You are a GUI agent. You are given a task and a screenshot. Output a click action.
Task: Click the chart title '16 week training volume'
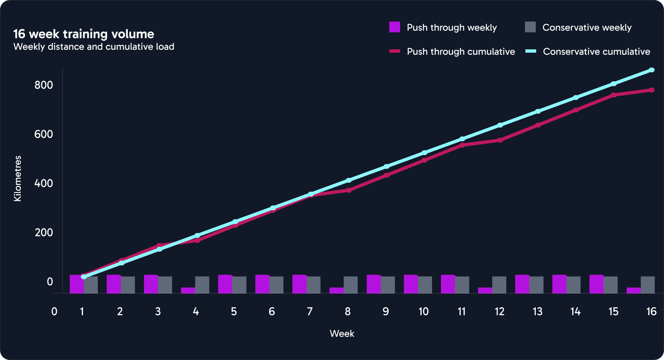click(x=84, y=34)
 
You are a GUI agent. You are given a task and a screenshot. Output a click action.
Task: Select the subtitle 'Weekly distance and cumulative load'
click(x=94, y=46)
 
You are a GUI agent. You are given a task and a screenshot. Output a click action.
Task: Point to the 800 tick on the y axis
click(x=44, y=85)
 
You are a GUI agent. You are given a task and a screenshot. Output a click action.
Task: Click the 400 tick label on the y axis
click(x=44, y=183)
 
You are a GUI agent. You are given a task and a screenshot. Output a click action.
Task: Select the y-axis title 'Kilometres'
click(x=17, y=179)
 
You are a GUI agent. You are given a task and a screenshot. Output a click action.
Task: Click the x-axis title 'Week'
click(x=342, y=333)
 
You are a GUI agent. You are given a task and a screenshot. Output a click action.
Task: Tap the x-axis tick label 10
click(x=423, y=311)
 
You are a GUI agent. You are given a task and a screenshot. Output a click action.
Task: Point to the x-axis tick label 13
click(x=537, y=311)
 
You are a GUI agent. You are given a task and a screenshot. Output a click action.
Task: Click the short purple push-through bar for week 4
click(x=188, y=290)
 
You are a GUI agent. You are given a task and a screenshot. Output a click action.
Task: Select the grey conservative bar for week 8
click(x=351, y=285)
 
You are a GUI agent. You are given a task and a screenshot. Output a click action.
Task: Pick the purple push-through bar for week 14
click(x=559, y=284)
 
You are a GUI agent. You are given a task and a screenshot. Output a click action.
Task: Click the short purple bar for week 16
click(x=634, y=290)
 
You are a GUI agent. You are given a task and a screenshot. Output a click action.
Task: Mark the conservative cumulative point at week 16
click(x=652, y=70)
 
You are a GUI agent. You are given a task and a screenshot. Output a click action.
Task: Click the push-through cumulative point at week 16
click(x=652, y=90)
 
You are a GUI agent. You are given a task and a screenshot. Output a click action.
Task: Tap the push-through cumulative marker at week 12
click(x=500, y=140)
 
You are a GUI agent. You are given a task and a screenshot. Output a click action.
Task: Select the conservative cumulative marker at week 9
click(x=386, y=166)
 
